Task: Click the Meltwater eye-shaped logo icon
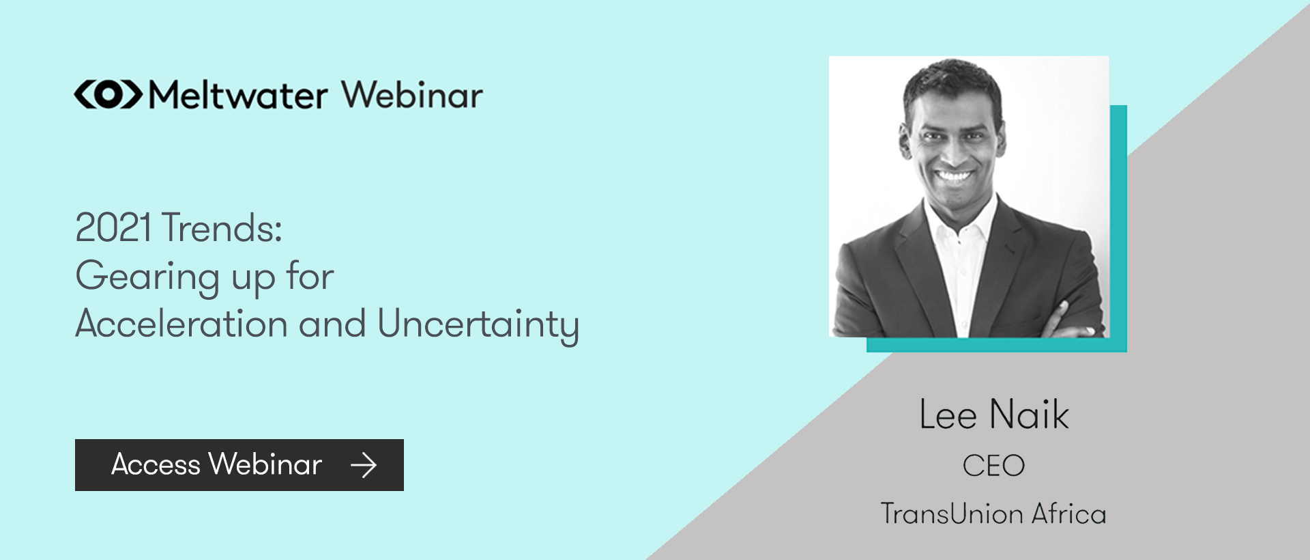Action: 108,94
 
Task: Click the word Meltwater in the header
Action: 238,95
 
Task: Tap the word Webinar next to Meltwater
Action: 412,95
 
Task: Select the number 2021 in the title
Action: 113,227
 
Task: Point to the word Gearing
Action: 147,277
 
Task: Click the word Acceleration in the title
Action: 181,324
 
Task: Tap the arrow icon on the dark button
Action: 363,465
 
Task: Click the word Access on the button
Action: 156,464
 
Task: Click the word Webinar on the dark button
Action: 265,464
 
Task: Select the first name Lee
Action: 948,415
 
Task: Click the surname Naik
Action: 1029,415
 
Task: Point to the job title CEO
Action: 993,466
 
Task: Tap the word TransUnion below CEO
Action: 952,514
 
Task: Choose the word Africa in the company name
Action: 1068,514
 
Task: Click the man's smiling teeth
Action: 953,176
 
